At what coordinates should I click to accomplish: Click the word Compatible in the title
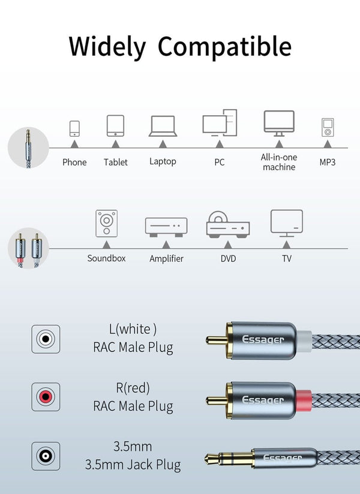point(225,47)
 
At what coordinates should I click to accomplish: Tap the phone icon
point(74,129)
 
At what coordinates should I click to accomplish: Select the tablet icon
point(115,126)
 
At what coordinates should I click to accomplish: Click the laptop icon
point(163,126)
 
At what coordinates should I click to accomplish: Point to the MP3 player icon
point(327,128)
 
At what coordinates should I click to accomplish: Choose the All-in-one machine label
point(279,162)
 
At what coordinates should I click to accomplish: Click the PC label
point(220,162)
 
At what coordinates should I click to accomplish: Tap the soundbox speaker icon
point(107,224)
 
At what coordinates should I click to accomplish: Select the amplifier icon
point(166,226)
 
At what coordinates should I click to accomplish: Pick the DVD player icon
point(227,224)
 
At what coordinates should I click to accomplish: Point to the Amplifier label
point(166,258)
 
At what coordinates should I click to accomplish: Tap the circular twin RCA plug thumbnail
point(28,248)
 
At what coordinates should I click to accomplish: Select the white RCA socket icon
point(46,339)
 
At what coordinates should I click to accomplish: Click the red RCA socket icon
point(46,397)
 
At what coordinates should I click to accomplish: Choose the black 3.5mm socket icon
point(46,456)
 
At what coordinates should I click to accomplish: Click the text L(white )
point(133,329)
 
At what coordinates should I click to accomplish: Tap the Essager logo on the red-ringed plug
point(263,399)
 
